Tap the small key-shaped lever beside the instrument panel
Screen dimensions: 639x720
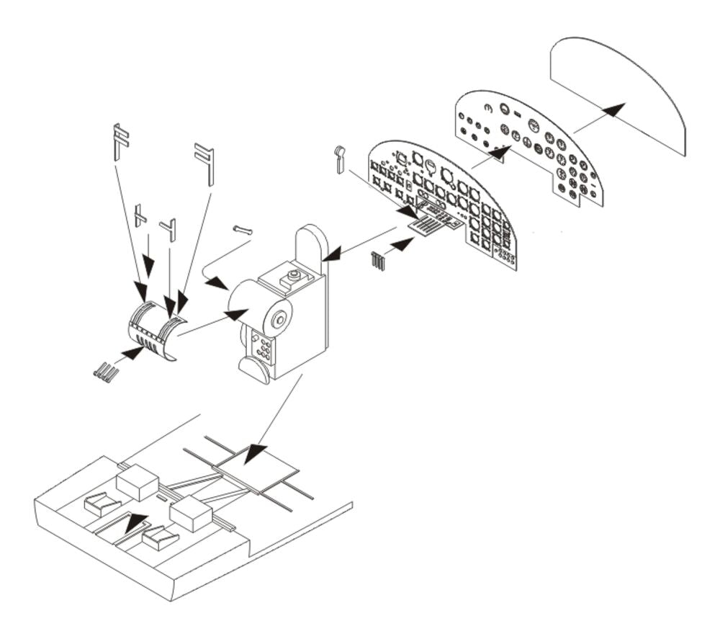coord(341,158)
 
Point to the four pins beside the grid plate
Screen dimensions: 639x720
coord(379,261)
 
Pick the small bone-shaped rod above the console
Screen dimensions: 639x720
coord(243,230)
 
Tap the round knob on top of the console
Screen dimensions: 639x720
coord(293,275)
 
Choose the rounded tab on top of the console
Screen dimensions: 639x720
coord(312,245)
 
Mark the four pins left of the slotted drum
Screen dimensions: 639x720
coord(105,372)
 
